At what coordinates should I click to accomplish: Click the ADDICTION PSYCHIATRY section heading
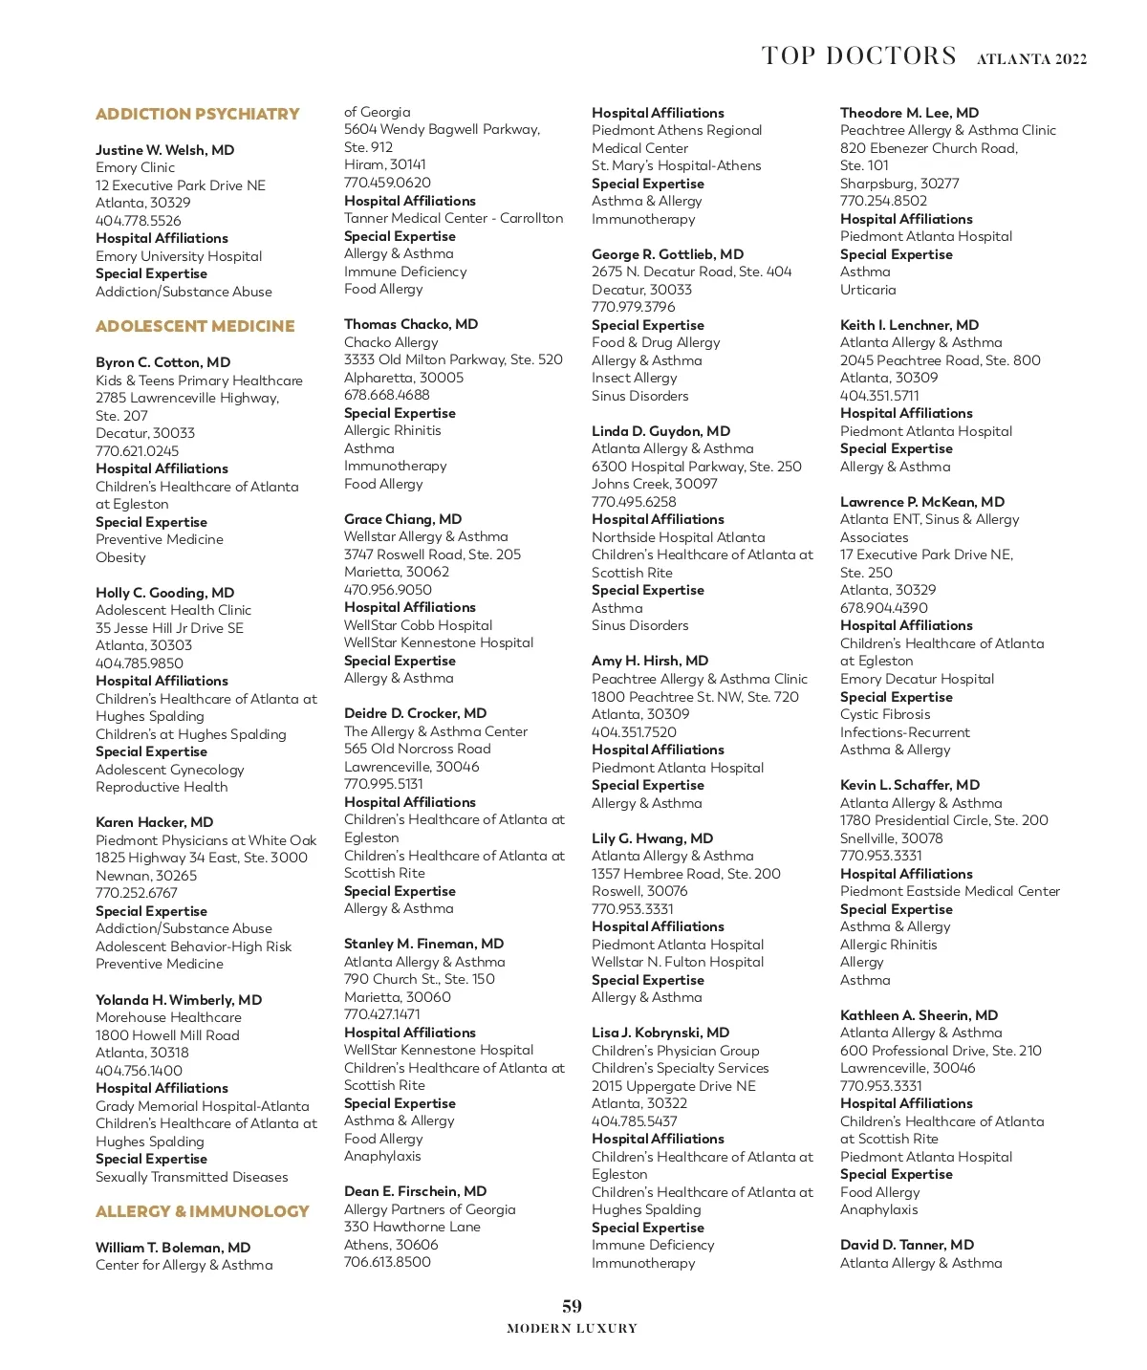pos(197,114)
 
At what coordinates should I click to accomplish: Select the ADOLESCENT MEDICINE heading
pos(195,326)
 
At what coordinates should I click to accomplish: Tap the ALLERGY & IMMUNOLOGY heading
pos(202,1211)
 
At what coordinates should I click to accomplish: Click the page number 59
pos(572,1306)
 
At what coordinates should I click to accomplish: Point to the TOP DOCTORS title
pos(858,56)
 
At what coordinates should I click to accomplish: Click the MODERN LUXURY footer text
pos(572,1328)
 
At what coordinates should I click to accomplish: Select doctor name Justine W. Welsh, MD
pos(164,150)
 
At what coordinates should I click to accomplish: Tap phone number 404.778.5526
pos(138,221)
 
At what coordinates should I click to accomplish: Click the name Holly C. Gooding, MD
pos(164,593)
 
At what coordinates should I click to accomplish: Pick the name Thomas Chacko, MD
pos(411,324)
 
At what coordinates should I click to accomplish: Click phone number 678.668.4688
pos(386,395)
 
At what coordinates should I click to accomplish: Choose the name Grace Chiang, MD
pos(402,519)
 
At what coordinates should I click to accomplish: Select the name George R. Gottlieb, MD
pos(667,254)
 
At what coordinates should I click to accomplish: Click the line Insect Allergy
pos(634,378)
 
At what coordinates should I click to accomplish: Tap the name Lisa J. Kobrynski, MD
pos(660,1033)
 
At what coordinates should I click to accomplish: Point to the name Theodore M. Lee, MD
pos(909,113)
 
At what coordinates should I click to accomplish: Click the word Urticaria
pos(868,290)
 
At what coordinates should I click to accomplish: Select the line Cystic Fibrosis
pos(885,714)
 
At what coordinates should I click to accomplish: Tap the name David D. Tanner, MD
pos(907,1245)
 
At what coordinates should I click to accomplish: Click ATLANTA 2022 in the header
pos(1031,59)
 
